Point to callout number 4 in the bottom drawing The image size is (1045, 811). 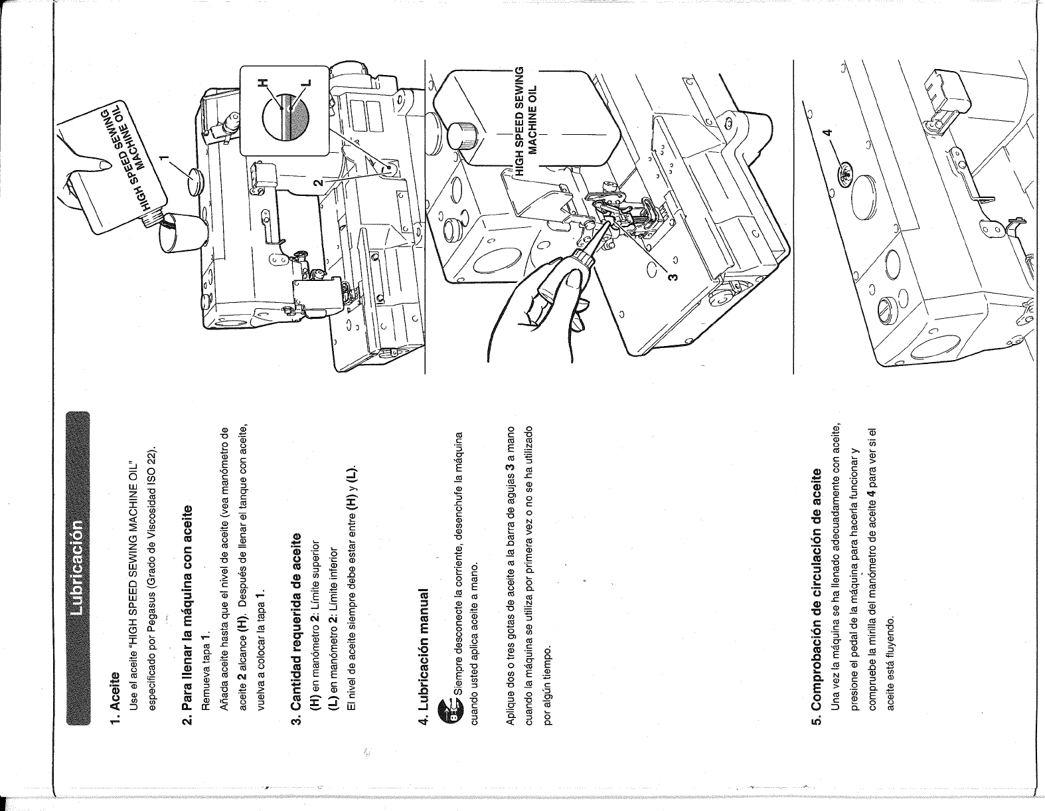(826, 132)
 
